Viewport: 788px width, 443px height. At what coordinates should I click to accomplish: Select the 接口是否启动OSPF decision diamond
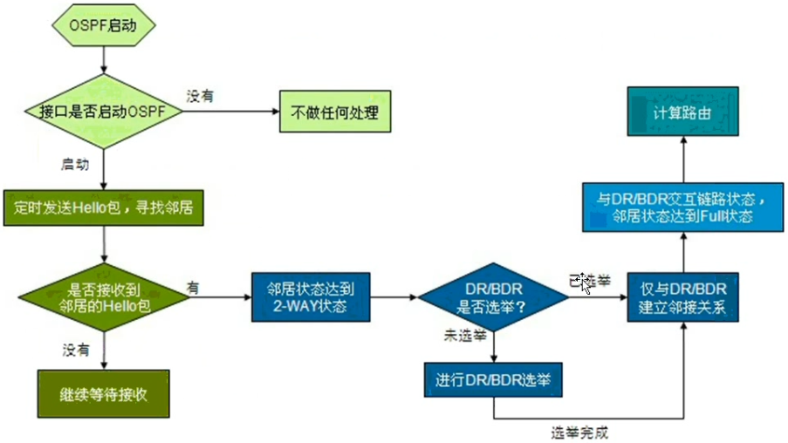click(x=104, y=112)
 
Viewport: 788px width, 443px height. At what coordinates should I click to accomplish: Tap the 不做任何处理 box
click(x=334, y=112)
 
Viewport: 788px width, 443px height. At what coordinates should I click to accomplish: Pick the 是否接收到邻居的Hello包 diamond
click(x=104, y=298)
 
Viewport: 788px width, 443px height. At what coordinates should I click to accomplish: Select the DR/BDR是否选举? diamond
click(x=494, y=297)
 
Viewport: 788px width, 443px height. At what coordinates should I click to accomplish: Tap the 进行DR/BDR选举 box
click(x=494, y=381)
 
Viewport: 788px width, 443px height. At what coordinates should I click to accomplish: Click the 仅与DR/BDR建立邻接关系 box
click(x=684, y=297)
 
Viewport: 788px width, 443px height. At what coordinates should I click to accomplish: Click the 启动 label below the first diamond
click(x=74, y=163)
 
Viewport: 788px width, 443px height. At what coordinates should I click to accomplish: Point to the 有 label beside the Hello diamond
click(x=192, y=285)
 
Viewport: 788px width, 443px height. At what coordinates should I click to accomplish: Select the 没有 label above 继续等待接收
click(x=75, y=350)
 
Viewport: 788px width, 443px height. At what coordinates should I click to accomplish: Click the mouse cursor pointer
click(x=585, y=284)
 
